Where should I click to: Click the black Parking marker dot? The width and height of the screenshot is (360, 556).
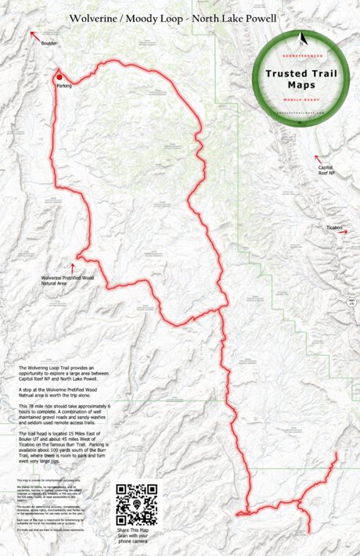tap(59, 76)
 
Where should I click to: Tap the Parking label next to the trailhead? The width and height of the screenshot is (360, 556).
tap(64, 86)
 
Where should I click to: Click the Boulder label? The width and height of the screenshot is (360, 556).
tap(49, 44)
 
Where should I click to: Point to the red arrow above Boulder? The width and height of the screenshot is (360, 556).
tap(33, 34)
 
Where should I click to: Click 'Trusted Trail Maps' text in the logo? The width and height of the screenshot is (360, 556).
tap(301, 78)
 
